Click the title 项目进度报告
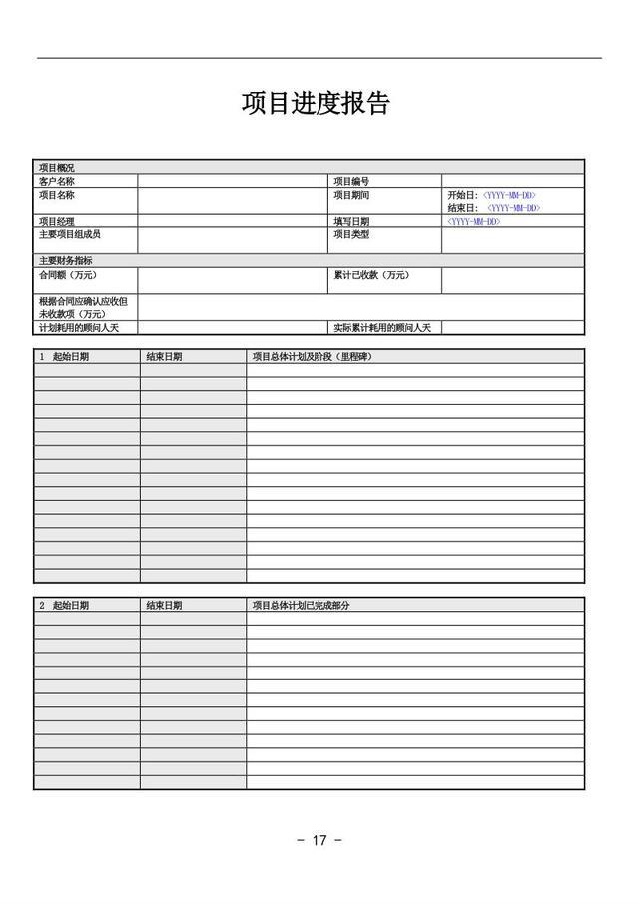[x=316, y=103]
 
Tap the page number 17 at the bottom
[x=319, y=840]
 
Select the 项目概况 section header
[x=56, y=168]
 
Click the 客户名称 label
[x=56, y=182]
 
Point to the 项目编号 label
[x=351, y=182]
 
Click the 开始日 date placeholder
[x=509, y=195]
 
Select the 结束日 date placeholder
[x=513, y=208]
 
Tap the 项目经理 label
[x=56, y=221]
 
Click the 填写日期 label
[x=351, y=221]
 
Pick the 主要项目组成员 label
[x=70, y=234]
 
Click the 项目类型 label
[x=351, y=234]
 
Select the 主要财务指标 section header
[x=66, y=260]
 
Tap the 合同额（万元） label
[x=68, y=275]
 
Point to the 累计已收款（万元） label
[x=371, y=275]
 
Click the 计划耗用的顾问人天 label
[x=79, y=327]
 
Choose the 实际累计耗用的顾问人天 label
[x=382, y=327]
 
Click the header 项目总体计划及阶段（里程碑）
[x=319, y=356]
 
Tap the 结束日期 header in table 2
[x=164, y=605]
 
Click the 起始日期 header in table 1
[x=70, y=356]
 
